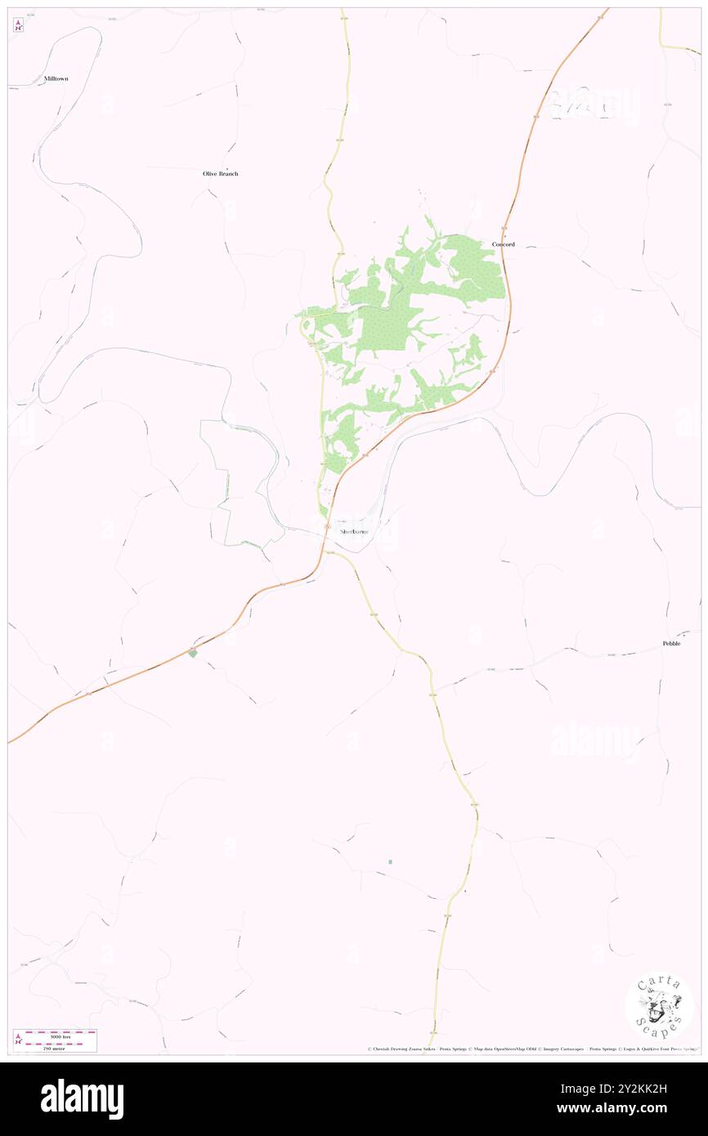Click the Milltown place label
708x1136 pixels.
[56, 78]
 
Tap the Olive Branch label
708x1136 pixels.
[221, 174]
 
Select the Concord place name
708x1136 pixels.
[504, 244]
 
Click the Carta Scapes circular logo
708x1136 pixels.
[659, 1007]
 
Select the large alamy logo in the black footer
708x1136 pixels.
[83, 1098]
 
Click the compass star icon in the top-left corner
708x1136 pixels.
[18, 25]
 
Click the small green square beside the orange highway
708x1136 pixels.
[193, 652]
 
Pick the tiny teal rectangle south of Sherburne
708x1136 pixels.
[390, 861]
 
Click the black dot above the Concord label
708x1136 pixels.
[504, 237]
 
